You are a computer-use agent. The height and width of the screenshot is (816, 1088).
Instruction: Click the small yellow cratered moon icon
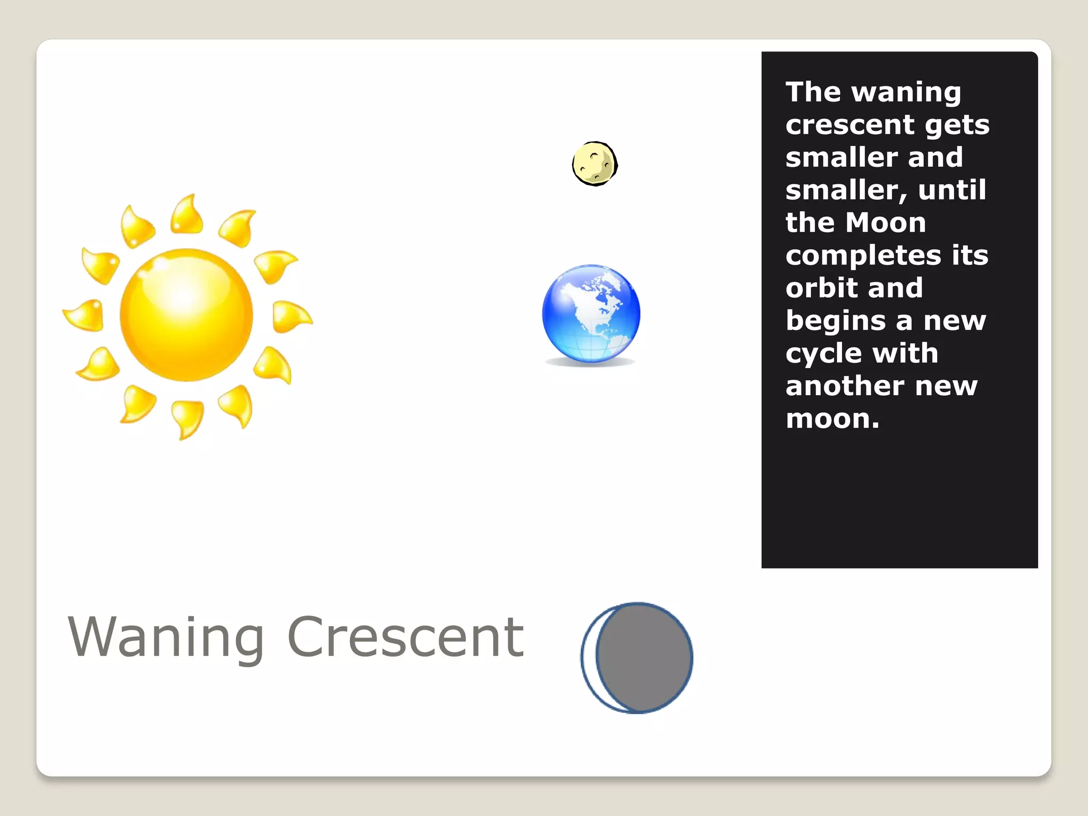click(x=594, y=164)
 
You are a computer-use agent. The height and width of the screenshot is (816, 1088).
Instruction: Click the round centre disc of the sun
click(x=186, y=314)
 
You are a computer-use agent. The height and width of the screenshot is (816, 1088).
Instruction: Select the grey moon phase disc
click(x=644, y=658)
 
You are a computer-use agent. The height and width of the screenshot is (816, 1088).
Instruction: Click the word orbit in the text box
click(x=818, y=288)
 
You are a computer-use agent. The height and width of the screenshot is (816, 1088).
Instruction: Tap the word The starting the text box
click(x=813, y=92)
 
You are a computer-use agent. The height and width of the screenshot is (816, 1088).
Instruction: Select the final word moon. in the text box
click(x=832, y=419)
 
